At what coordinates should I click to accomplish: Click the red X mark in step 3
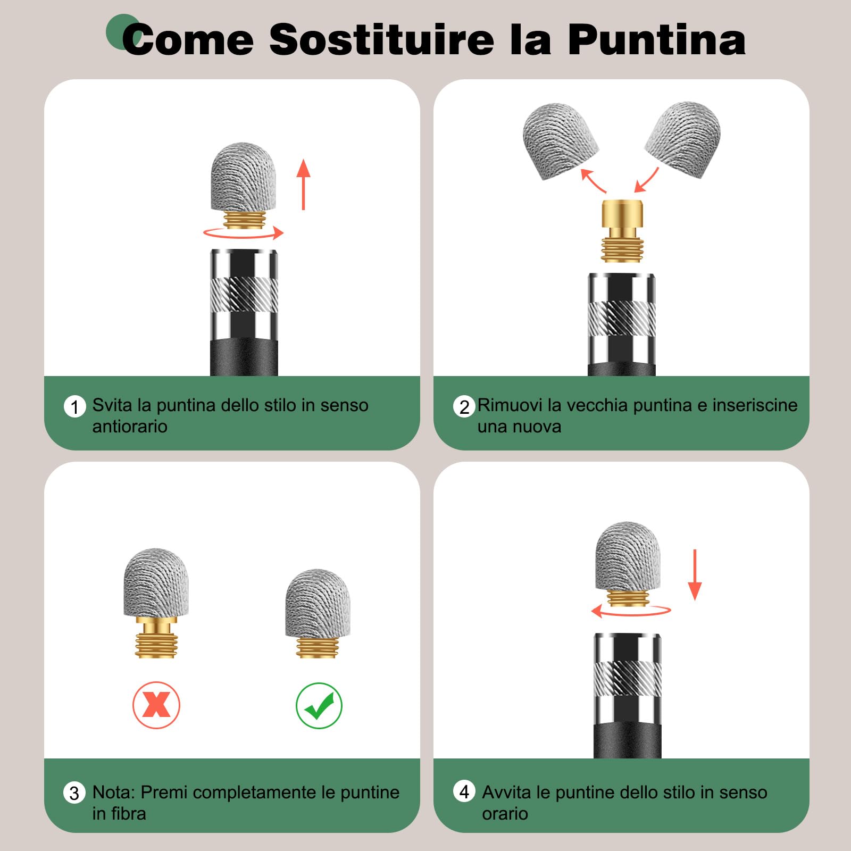click(156, 705)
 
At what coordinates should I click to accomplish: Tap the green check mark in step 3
click(319, 706)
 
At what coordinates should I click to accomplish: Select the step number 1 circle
click(74, 407)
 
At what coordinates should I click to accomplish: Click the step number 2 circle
click(464, 407)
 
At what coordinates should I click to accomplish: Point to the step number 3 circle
click(74, 793)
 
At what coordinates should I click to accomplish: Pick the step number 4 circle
click(464, 791)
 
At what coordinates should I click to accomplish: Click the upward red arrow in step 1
click(303, 184)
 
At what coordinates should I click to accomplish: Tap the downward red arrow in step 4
click(695, 575)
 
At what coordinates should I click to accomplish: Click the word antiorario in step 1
click(130, 427)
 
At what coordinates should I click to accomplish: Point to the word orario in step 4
click(505, 814)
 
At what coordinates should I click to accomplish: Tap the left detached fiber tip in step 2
click(560, 140)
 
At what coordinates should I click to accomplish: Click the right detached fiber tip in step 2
click(683, 139)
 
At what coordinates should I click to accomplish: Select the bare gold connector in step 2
click(622, 231)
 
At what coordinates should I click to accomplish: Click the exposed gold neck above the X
click(156, 625)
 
